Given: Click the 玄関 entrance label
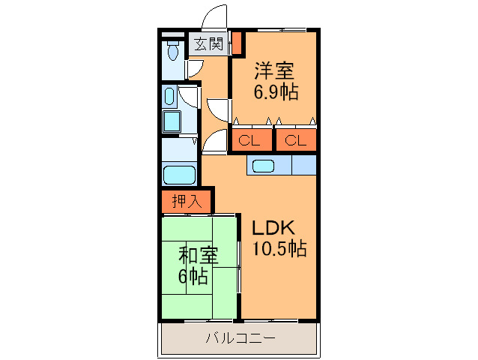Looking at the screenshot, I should pyautogui.click(x=209, y=43).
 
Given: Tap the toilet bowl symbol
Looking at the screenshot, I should pyautogui.click(x=173, y=52).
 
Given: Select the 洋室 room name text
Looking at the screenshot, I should pyautogui.click(x=273, y=71).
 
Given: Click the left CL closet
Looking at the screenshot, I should pyautogui.click(x=249, y=139).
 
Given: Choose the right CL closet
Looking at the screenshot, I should pyautogui.click(x=294, y=139).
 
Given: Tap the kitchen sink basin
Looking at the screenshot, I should pyautogui.click(x=264, y=166).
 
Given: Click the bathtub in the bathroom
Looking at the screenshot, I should pyautogui.click(x=179, y=175).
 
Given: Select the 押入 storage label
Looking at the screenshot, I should pyautogui.click(x=187, y=201).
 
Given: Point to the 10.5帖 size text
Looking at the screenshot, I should pyautogui.click(x=279, y=250).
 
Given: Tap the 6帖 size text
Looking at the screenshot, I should pyautogui.click(x=193, y=276).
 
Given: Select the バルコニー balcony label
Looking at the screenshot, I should pyautogui.click(x=240, y=338).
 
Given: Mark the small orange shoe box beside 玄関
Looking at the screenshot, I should pyautogui.click(x=236, y=43).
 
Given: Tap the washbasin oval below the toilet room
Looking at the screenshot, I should pyautogui.click(x=169, y=96).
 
